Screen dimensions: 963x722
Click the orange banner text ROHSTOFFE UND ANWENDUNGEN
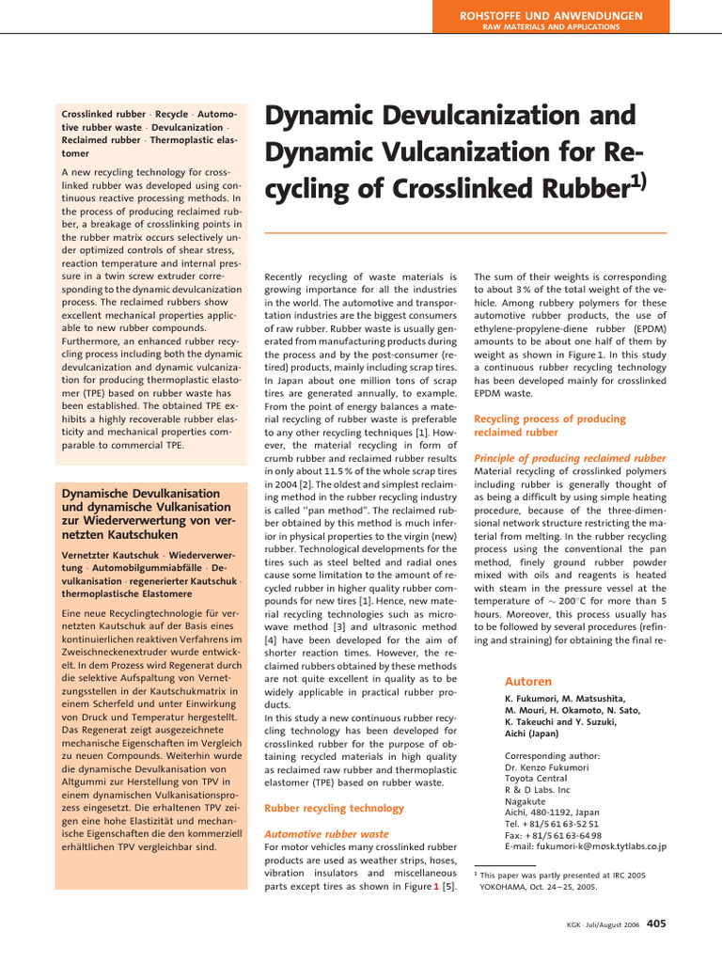(564, 16)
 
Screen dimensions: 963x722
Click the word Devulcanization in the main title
(490, 118)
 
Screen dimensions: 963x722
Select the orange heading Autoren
(528, 681)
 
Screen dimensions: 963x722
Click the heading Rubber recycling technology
(334, 808)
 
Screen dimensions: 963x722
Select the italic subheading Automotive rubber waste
(326, 833)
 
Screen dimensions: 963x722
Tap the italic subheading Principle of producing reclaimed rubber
(570, 458)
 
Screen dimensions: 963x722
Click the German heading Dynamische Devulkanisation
(140, 494)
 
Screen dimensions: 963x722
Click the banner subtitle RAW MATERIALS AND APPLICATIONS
(564, 28)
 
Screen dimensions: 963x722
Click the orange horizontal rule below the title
(465, 232)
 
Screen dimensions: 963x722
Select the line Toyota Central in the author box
(536, 779)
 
